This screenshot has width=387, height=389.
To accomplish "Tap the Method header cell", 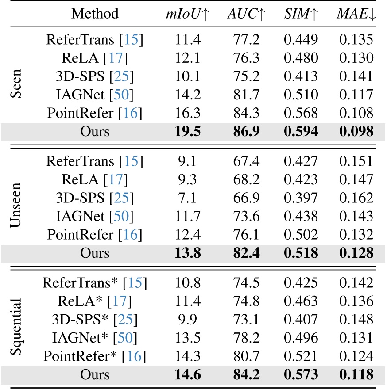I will [x=95, y=14].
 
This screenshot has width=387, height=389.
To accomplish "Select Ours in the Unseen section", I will [x=95, y=253].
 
